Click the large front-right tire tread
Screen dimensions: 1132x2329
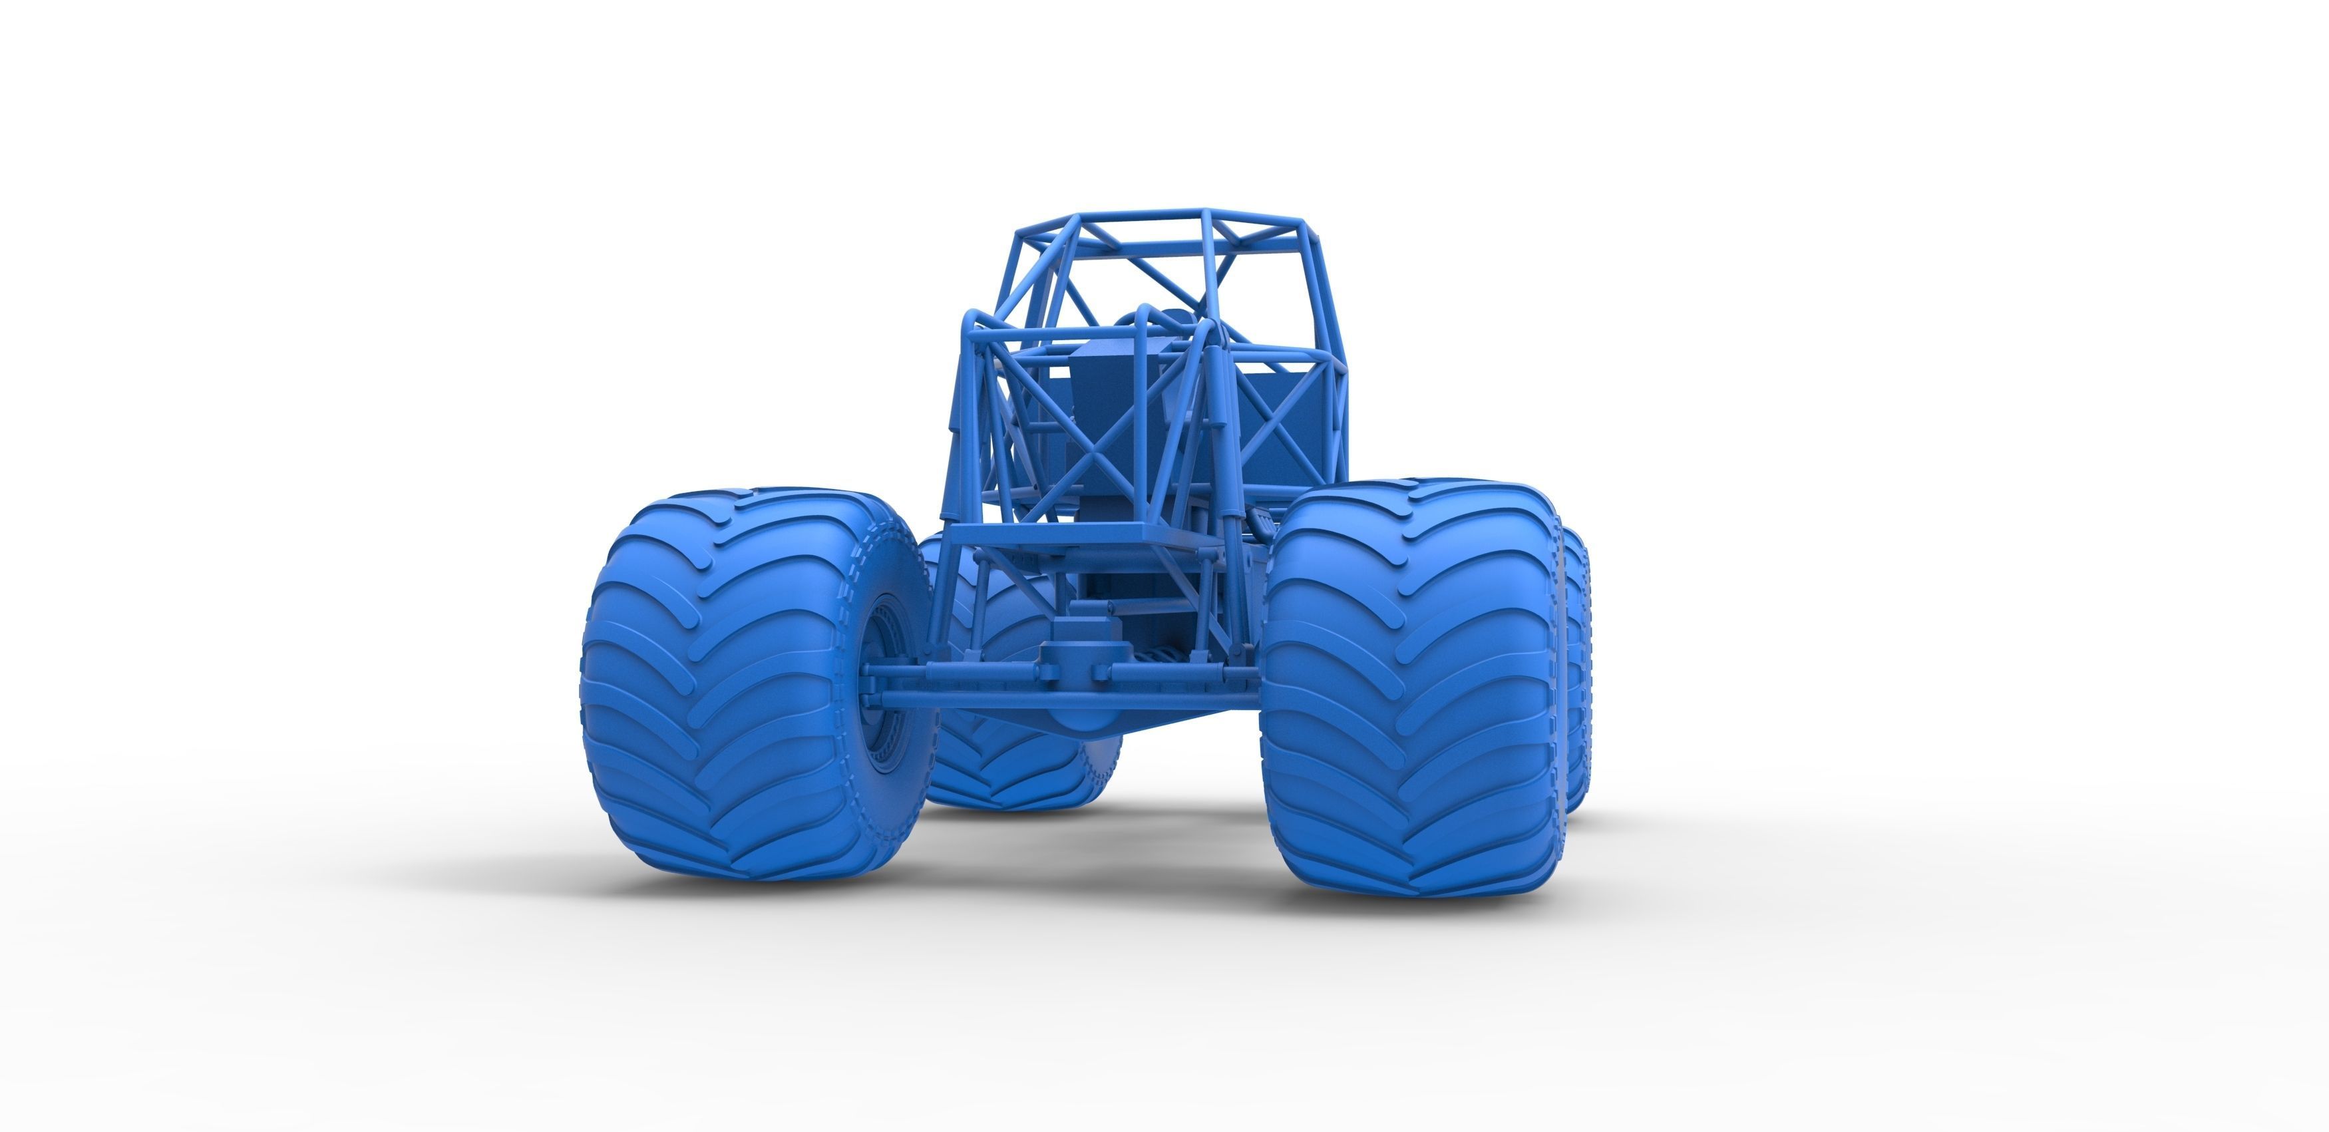[1411, 687]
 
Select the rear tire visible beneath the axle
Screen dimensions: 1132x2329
[1013, 759]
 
